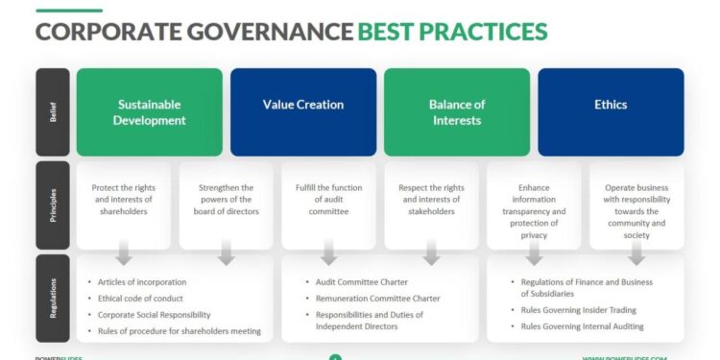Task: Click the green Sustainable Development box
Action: (x=149, y=111)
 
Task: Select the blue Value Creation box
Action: (x=302, y=111)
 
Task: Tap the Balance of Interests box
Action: (x=456, y=111)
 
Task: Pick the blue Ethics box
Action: (x=610, y=111)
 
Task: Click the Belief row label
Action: (x=53, y=111)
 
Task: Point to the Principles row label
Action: (x=53, y=204)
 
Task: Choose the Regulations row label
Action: (x=53, y=298)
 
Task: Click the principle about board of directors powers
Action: (x=227, y=199)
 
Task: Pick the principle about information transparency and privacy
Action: (x=534, y=210)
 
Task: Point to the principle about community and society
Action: (x=636, y=210)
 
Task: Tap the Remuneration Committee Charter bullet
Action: (x=377, y=298)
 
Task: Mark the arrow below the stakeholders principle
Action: (x=431, y=254)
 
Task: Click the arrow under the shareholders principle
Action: (x=124, y=254)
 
